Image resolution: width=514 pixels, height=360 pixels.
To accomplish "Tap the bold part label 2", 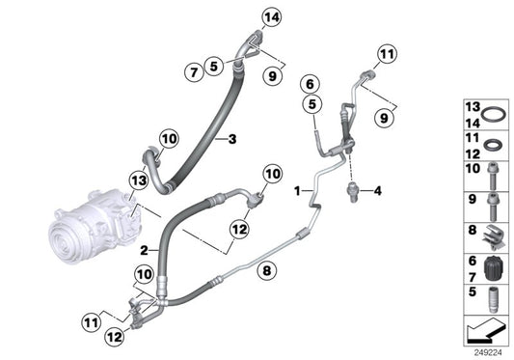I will tap(143, 249).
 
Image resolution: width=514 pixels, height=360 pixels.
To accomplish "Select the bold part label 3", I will tap(231, 140).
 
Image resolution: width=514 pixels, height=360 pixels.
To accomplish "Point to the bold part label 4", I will tap(379, 191).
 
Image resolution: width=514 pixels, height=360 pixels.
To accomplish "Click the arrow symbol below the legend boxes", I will tap(485, 332).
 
